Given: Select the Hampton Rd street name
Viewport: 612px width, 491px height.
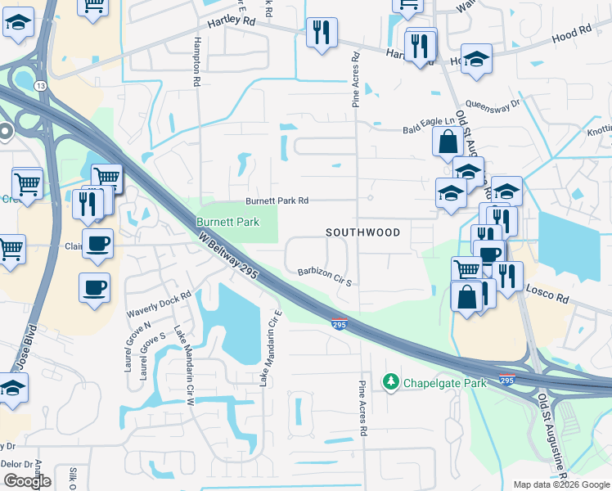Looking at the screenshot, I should pos(197,61).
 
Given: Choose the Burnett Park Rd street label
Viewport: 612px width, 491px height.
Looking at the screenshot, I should pos(277,200).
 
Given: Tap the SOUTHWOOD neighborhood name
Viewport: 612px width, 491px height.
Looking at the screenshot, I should pos(363,232).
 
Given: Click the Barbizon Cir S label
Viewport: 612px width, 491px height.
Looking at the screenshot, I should pos(324,276).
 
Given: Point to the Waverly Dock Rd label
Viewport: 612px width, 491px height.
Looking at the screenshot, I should pos(158,305).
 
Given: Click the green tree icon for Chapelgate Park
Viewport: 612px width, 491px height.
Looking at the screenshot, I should pos(391,381).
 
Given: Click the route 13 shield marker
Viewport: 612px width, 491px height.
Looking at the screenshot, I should pos(40,84).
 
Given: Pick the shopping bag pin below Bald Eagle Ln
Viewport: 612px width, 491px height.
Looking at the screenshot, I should pos(448,142).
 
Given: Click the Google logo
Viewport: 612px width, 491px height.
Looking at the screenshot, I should pos(28,480).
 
